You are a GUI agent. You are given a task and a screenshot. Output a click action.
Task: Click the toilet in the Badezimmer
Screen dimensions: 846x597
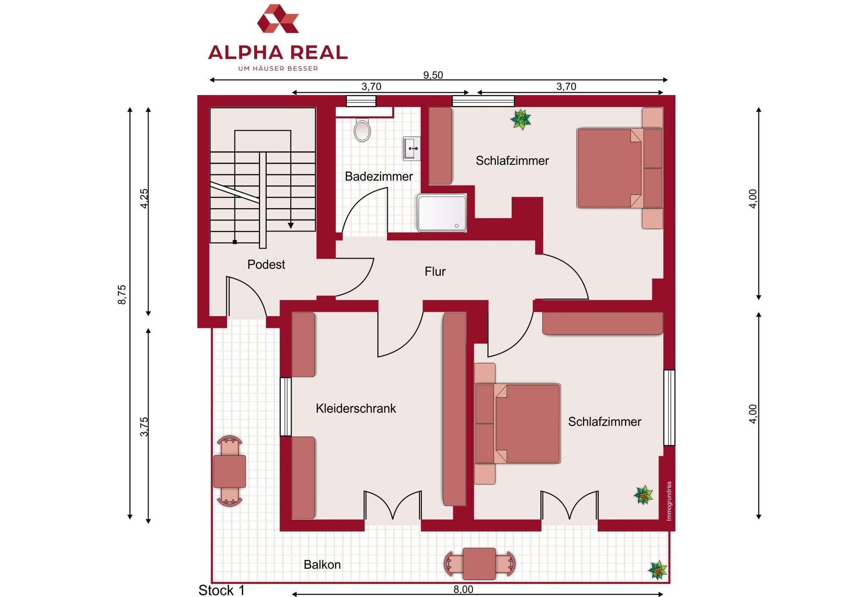[x=362, y=130]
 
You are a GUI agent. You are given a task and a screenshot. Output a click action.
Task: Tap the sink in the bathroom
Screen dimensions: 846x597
[x=412, y=149]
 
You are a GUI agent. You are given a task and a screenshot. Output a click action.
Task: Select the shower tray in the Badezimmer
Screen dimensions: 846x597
[x=442, y=213]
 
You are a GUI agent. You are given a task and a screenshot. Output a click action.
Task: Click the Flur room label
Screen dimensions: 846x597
[x=435, y=271]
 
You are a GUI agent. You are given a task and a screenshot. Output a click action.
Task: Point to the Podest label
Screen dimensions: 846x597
[x=266, y=264]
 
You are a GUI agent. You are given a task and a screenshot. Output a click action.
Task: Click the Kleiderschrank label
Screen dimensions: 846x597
[x=356, y=409]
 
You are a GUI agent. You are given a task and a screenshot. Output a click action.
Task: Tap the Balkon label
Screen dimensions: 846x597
[x=322, y=564]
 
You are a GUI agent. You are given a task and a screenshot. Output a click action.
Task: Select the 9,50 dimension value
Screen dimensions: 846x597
[x=433, y=75]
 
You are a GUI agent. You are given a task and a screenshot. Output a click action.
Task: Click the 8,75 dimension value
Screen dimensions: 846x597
[x=122, y=294]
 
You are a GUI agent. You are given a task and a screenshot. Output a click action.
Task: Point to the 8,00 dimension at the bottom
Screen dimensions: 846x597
[x=463, y=589]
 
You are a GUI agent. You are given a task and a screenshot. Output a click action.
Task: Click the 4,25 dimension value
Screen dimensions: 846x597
[x=144, y=199]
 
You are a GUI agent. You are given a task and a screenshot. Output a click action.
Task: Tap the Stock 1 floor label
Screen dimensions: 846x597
[x=222, y=590]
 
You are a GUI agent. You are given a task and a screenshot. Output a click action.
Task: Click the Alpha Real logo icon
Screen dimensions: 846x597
[x=278, y=19]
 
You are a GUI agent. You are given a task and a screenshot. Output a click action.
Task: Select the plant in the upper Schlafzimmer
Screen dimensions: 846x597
[x=521, y=120]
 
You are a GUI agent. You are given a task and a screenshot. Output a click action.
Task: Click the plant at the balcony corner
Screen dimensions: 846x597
[x=658, y=570]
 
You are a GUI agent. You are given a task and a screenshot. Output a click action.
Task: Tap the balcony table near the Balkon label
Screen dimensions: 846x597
[x=479, y=564]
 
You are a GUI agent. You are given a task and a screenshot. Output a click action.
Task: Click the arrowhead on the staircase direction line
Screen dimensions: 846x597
[x=291, y=226]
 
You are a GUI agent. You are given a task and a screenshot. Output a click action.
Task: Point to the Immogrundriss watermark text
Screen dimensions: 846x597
[x=669, y=501]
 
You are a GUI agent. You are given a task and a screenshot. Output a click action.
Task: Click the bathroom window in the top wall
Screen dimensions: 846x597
[x=361, y=101]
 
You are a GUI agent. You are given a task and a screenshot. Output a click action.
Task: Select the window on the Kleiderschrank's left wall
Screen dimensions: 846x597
[x=286, y=407]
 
